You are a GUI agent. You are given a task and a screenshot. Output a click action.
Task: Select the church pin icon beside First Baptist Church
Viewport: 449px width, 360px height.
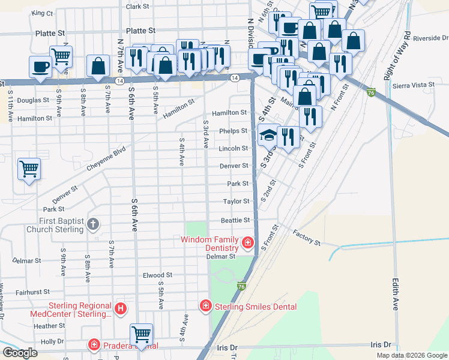click(93, 225)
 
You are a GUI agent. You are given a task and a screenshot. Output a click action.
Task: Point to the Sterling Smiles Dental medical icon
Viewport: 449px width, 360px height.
click(205, 306)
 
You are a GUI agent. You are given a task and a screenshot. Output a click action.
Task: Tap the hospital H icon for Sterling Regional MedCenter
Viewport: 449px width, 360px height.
click(121, 309)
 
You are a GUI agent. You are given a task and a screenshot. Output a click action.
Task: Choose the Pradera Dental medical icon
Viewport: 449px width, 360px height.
click(94, 345)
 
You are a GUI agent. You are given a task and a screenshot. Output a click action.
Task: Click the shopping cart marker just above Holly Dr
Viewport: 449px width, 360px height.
click(141, 334)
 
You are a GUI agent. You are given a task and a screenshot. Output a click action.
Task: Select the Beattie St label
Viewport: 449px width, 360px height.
click(235, 220)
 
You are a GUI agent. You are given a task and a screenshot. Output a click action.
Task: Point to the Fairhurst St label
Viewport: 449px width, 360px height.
click(28, 292)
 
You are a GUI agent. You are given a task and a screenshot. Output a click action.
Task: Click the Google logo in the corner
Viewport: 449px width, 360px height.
click(20, 352)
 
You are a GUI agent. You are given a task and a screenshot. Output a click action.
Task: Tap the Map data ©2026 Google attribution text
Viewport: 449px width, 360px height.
click(411, 355)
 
